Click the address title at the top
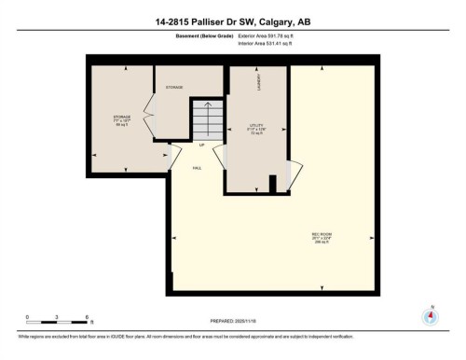pyautogui.click(x=232, y=21)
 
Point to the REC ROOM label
pyautogui.click(x=322, y=234)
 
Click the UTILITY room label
pyautogui.click(x=257, y=125)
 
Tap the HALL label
pyautogui.click(x=198, y=167)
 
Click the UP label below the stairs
pyautogui.click(x=201, y=145)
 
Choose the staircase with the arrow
pyautogui.click(x=206, y=118)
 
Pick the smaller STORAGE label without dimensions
pyautogui.click(x=174, y=87)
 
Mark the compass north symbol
pyautogui.click(x=431, y=316)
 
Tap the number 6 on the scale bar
pyautogui.click(x=87, y=317)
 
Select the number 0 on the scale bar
pyautogui.click(x=28, y=317)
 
